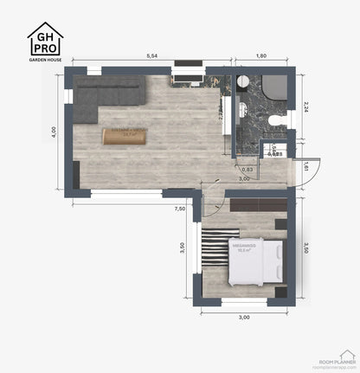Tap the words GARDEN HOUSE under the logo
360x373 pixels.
click(x=45, y=61)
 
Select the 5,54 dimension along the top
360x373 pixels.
click(x=151, y=56)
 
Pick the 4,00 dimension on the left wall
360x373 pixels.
click(x=54, y=131)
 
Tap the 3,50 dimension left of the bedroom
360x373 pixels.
click(x=181, y=247)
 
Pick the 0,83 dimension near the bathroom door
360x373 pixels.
click(x=247, y=169)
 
